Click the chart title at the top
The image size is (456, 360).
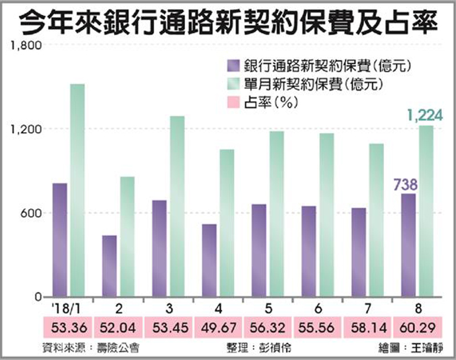(228, 23)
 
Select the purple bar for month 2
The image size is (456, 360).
(109, 266)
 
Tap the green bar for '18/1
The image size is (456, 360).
(78, 191)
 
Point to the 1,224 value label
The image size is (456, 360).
(425, 116)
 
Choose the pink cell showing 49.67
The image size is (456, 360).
(219, 328)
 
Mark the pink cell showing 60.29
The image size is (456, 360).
(421, 328)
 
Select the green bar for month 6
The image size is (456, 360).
(327, 215)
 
